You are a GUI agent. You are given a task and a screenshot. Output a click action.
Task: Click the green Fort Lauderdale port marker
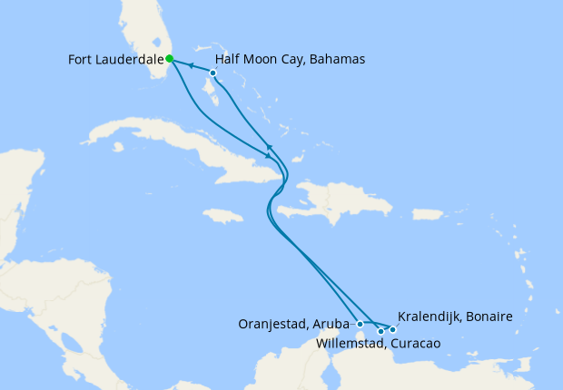[x=170, y=59]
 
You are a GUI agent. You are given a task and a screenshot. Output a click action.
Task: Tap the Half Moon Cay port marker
[x=212, y=73]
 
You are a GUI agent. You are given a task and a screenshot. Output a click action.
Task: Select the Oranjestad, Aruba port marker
[x=361, y=324]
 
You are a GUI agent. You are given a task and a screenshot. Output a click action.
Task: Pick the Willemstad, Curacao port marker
[x=380, y=332]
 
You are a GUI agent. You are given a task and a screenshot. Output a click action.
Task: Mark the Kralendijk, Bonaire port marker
[x=392, y=329]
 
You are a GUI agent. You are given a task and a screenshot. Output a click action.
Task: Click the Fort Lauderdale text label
[x=115, y=60]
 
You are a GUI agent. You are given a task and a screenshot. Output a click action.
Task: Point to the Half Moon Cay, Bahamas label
[x=290, y=60]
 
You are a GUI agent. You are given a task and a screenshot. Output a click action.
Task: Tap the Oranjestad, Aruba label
[x=294, y=324]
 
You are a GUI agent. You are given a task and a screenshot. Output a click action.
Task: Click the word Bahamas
[x=338, y=60]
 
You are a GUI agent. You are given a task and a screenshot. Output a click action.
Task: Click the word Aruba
[x=333, y=324]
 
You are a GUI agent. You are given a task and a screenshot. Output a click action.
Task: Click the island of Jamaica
[x=223, y=216]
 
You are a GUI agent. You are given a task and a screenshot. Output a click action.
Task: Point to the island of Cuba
[x=173, y=141]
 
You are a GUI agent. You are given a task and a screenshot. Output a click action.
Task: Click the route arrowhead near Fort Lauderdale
[x=191, y=65]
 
